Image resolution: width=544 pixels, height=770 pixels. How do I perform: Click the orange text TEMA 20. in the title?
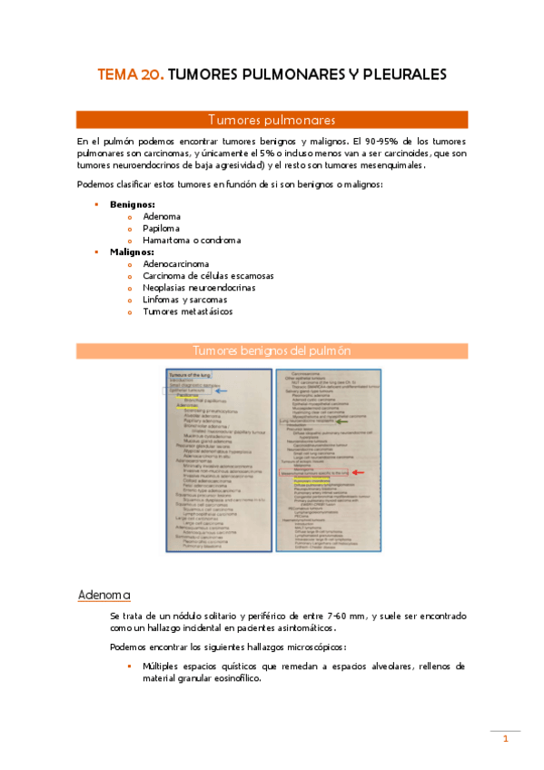tap(131, 75)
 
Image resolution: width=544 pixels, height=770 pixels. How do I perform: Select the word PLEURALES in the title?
tap(400, 75)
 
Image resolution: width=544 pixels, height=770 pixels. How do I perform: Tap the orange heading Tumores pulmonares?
tap(272, 120)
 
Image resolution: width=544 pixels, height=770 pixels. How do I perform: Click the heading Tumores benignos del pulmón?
tap(272, 350)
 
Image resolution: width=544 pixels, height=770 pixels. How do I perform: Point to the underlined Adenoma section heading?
tap(105, 595)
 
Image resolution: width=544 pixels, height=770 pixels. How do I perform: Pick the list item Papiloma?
tap(161, 229)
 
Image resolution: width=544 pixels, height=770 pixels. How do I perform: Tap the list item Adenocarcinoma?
tap(175, 263)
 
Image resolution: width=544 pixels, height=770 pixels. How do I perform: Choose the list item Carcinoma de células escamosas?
tap(208, 275)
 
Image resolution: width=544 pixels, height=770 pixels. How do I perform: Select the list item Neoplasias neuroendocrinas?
tap(199, 287)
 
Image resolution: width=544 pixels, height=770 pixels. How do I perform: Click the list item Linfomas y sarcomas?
tap(184, 300)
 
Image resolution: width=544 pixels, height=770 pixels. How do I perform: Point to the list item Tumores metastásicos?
tap(187, 311)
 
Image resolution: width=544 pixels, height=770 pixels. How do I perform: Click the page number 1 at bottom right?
tap(505, 740)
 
